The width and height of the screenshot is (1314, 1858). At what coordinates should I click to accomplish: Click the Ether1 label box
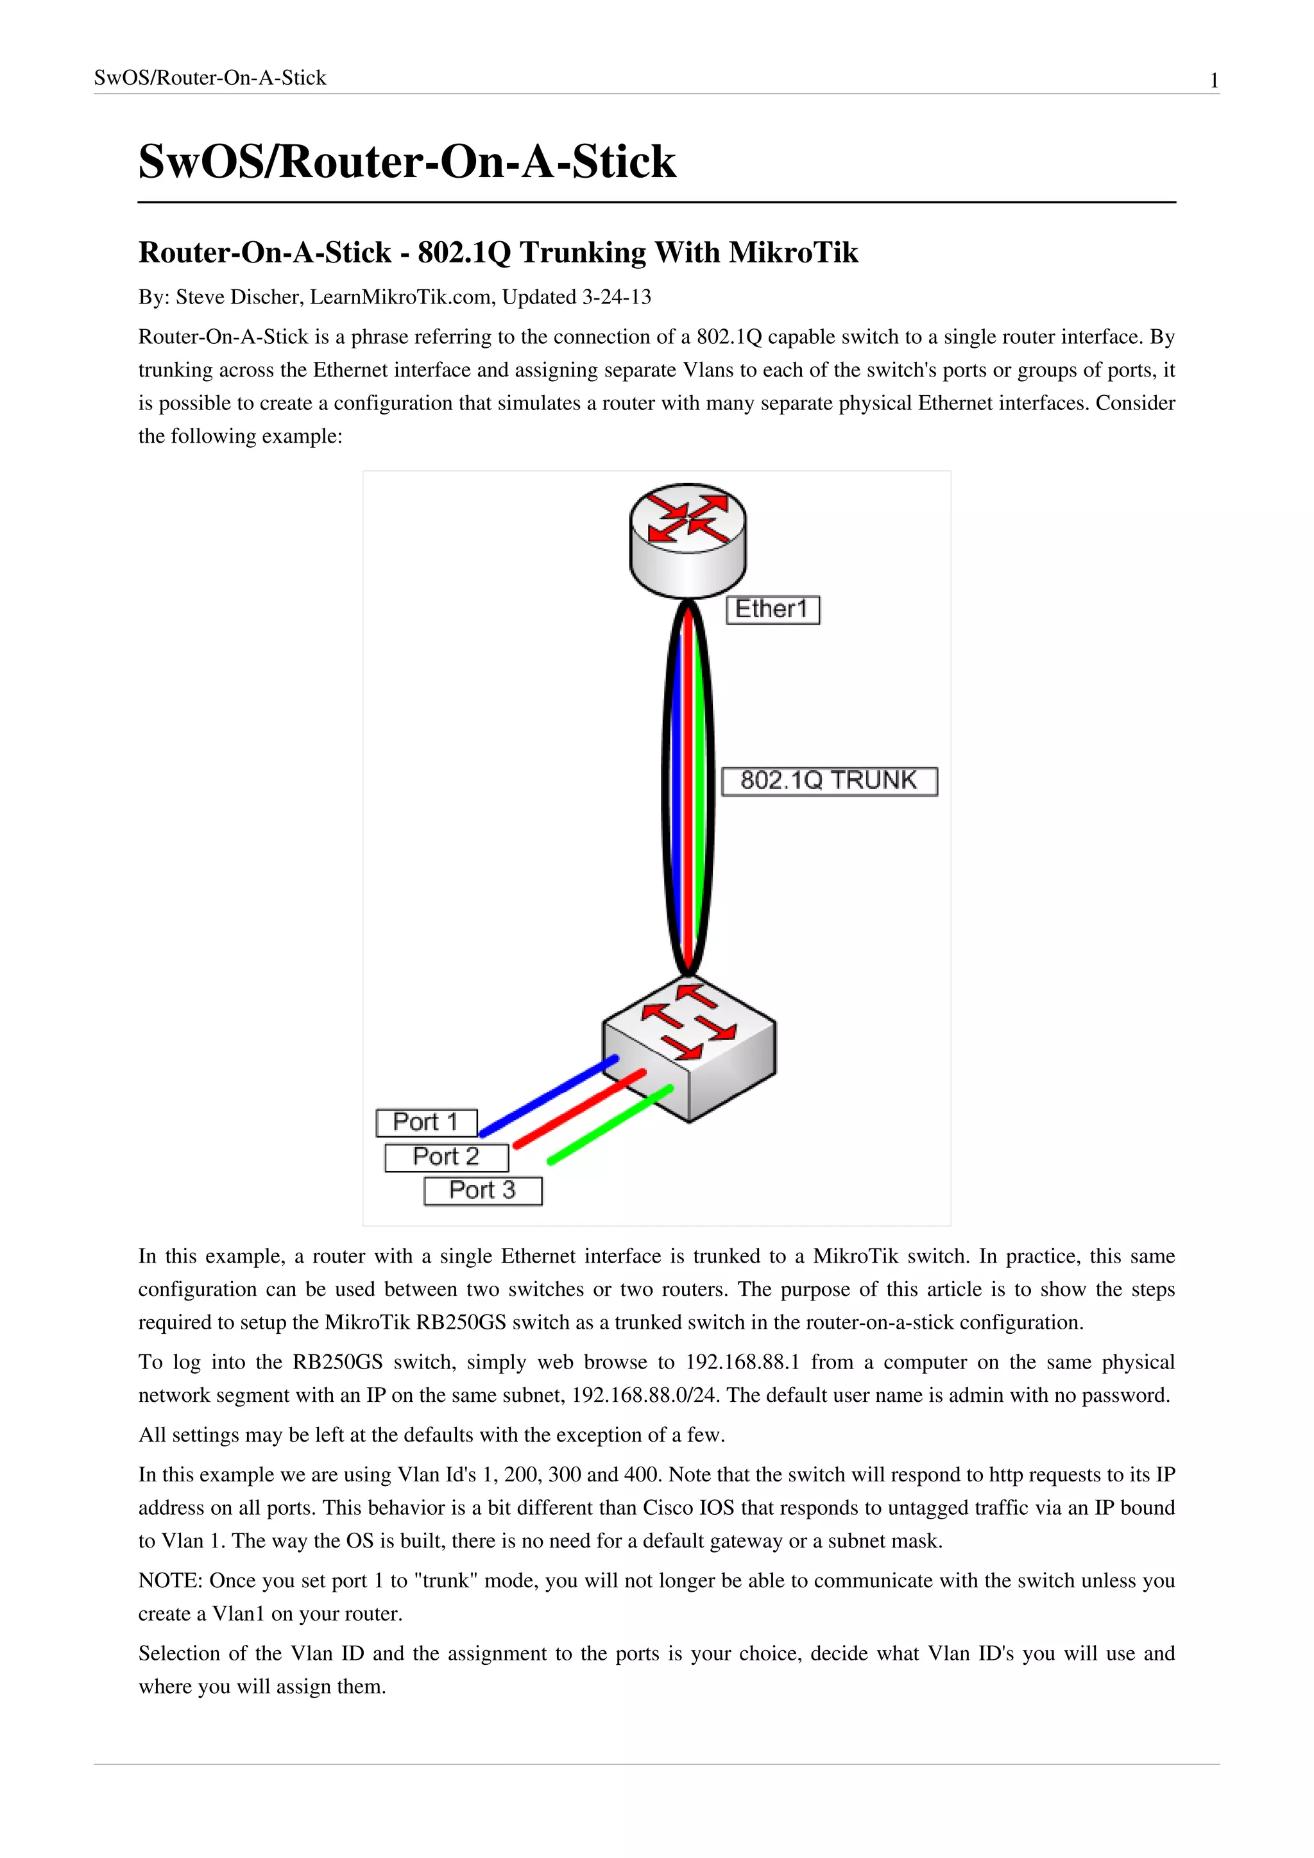tap(772, 609)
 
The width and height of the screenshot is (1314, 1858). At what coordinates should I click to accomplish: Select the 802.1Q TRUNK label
tap(830, 781)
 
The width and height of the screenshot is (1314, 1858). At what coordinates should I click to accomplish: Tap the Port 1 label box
tap(427, 1122)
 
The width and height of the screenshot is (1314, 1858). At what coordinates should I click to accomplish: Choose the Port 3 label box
tap(482, 1190)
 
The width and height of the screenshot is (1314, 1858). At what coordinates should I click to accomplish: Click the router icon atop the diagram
tap(688, 538)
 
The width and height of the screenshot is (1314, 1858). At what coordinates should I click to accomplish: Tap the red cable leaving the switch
tap(579, 1109)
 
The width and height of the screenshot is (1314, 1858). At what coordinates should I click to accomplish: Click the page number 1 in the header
tap(1214, 80)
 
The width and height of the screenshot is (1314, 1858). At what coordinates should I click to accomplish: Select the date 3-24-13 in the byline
tap(617, 297)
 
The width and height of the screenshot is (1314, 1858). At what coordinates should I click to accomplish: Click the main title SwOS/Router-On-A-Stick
tap(407, 161)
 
